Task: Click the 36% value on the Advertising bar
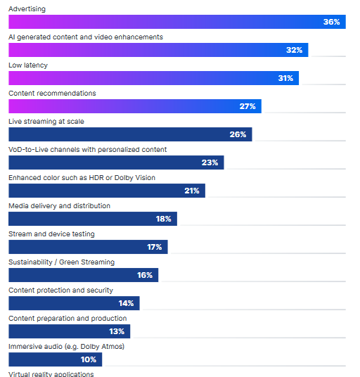coord(331,22)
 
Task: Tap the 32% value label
coord(294,50)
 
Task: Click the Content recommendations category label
coord(52,93)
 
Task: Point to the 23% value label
coord(210,162)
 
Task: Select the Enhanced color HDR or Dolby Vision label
coord(82,177)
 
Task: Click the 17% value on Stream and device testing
coord(154,247)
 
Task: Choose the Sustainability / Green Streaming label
coord(61,262)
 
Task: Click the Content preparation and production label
coord(68,318)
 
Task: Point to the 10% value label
coord(88,359)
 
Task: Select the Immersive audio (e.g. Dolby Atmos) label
coord(66,346)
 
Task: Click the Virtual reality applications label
coord(51,373)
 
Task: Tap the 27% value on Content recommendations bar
coord(247,106)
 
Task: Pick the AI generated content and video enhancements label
coord(85,37)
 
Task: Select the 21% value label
coord(191,191)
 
